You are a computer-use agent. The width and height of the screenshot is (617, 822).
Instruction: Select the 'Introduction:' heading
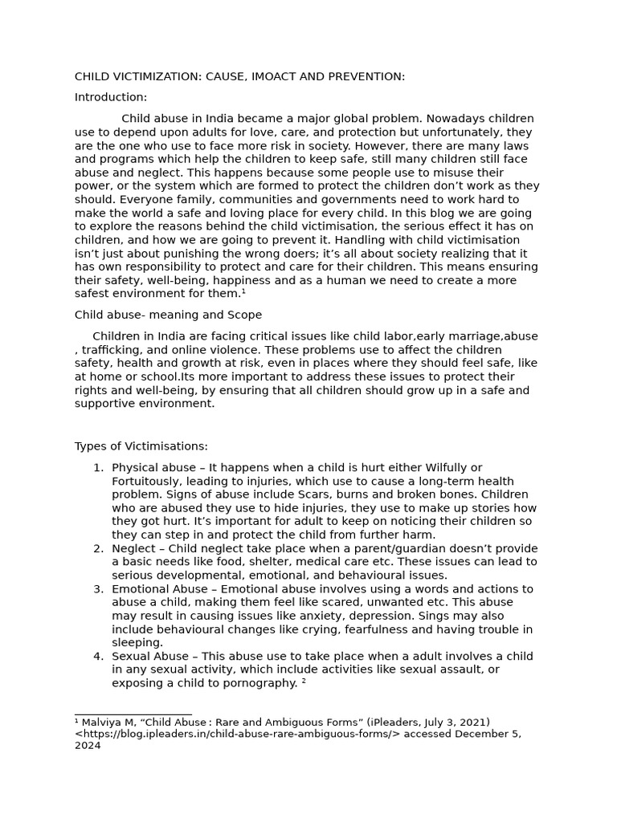(111, 97)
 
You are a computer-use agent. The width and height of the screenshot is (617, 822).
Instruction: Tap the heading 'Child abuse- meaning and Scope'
(168, 315)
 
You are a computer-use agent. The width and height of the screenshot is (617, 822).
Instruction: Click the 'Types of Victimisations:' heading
(141, 446)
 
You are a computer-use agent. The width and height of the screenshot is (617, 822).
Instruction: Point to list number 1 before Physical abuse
(98, 468)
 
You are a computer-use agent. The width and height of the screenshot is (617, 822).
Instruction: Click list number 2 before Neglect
(98, 548)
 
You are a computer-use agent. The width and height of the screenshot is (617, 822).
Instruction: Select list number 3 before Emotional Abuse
(98, 589)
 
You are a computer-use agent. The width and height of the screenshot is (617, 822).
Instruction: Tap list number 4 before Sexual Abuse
(98, 657)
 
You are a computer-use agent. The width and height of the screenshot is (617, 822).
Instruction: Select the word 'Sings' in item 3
(454, 616)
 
